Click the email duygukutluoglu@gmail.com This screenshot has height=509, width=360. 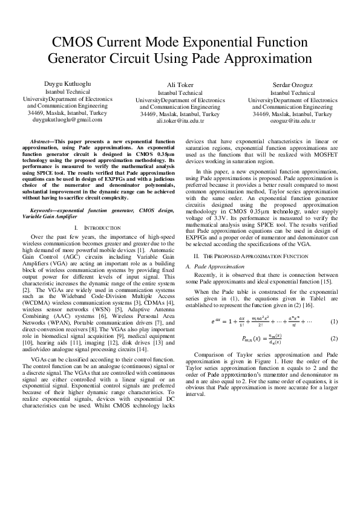(x=68, y=120)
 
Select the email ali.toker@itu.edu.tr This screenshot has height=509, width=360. (x=180, y=121)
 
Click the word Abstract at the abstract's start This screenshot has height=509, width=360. (x=41, y=140)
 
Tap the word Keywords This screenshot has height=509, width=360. (x=43, y=210)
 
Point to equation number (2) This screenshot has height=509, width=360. (x=334, y=339)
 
